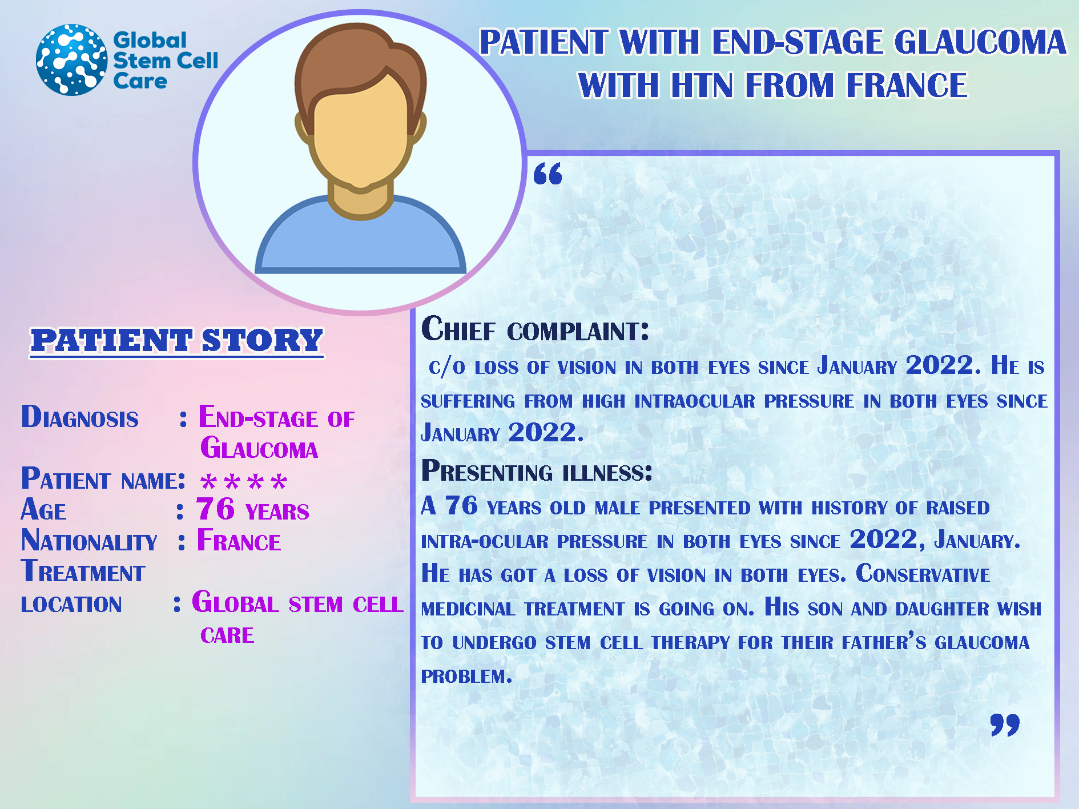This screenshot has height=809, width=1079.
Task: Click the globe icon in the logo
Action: [x=71, y=59]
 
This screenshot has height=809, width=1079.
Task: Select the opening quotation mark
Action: [x=547, y=174]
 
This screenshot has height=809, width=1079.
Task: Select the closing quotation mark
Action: [x=1005, y=725]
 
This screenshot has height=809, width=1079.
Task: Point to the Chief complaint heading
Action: [x=535, y=329]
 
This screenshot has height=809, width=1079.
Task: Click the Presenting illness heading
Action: [x=537, y=471]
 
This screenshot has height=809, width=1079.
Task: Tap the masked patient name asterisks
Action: [x=244, y=482]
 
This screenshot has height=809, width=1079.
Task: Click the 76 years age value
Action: [x=252, y=509]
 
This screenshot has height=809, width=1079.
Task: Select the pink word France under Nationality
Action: [x=239, y=540]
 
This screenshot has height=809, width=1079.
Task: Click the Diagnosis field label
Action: [x=80, y=417]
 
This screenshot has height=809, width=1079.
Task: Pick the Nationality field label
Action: [x=89, y=540]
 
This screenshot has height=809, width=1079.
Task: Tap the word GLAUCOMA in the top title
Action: [x=980, y=42]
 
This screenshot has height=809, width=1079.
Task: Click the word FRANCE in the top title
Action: [x=906, y=85]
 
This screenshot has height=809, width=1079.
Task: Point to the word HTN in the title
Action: [x=701, y=85]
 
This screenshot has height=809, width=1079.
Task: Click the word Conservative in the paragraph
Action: [x=923, y=574]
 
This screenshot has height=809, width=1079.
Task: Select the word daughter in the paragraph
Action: [x=942, y=609]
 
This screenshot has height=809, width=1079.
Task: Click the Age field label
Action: [x=43, y=509]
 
